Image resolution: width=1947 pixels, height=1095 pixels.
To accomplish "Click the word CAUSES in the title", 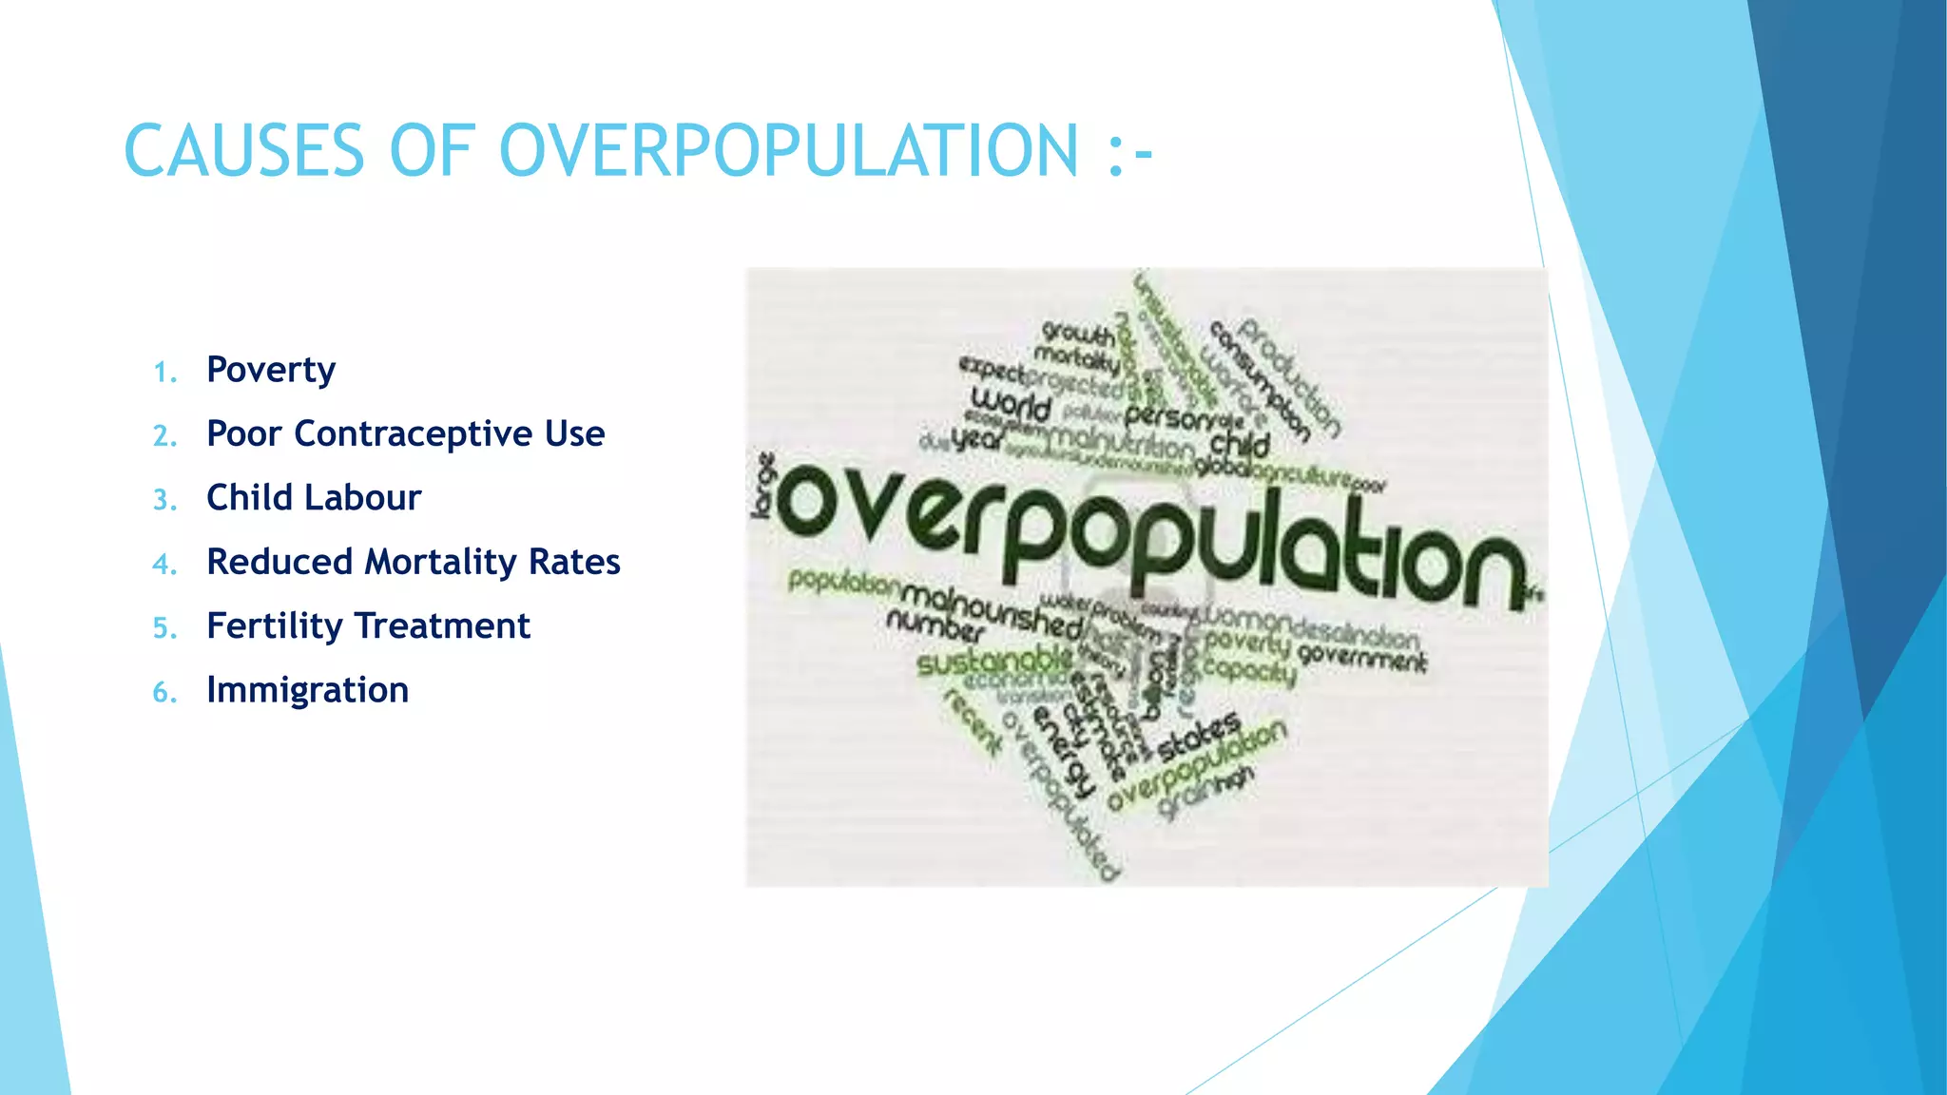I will pyautogui.click(x=243, y=150).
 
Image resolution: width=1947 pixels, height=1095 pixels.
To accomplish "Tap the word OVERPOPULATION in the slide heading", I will pyautogui.click(x=789, y=150).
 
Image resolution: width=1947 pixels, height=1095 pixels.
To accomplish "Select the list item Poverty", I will pyautogui.click(x=271, y=370).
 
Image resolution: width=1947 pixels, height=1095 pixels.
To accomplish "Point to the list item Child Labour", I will pyautogui.click(x=314, y=497).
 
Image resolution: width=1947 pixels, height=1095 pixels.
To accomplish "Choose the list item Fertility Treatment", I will pyautogui.click(x=368, y=625).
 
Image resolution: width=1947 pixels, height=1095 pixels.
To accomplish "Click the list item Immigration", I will pyautogui.click(x=307, y=690).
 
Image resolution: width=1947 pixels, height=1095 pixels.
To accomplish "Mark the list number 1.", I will pyautogui.click(x=164, y=373).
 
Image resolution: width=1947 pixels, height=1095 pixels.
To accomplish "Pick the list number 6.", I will pyautogui.click(x=164, y=693).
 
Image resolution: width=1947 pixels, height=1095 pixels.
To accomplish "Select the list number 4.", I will pyautogui.click(x=164, y=565).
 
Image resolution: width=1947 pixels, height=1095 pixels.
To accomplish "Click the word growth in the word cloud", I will pyautogui.click(x=1078, y=334).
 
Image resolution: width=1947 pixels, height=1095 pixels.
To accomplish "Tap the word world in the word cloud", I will pyautogui.click(x=1011, y=404).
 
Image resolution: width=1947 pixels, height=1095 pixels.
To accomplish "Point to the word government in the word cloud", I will pyautogui.click(x=1361, y=657).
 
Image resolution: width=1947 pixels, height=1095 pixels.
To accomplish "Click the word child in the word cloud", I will pyautogui.click(x=1240, y=443).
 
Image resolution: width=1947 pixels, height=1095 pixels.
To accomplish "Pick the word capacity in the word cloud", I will pyautogui.click(x=1248, y=670).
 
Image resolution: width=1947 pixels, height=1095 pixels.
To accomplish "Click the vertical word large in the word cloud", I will pyautogui.click(x=763, y=486).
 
